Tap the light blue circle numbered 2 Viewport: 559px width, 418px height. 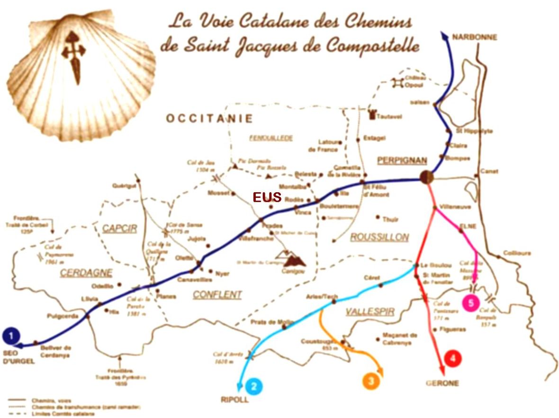tap(254, 386)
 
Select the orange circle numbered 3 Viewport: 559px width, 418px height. tap(371, 381)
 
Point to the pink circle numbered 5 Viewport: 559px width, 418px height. tap(470, 303)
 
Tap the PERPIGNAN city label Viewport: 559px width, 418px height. tap(402, 160)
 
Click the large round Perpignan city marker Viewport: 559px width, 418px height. tap(426, 178)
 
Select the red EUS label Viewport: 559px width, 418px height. tap(267, 197)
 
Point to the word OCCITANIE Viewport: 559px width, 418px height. tap(209, 118)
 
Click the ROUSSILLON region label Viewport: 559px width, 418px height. tap(379, 237)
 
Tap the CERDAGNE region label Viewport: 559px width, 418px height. tap(86, 273)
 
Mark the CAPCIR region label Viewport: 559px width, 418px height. tap(119, 229)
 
